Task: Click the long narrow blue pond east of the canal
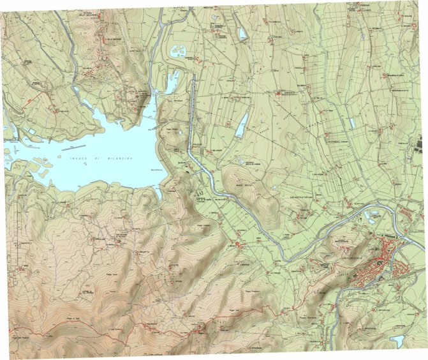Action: [241, 126]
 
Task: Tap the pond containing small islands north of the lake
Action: [179, 51]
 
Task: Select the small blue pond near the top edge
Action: [242, 33]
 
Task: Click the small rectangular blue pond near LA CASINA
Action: [352, 123]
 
